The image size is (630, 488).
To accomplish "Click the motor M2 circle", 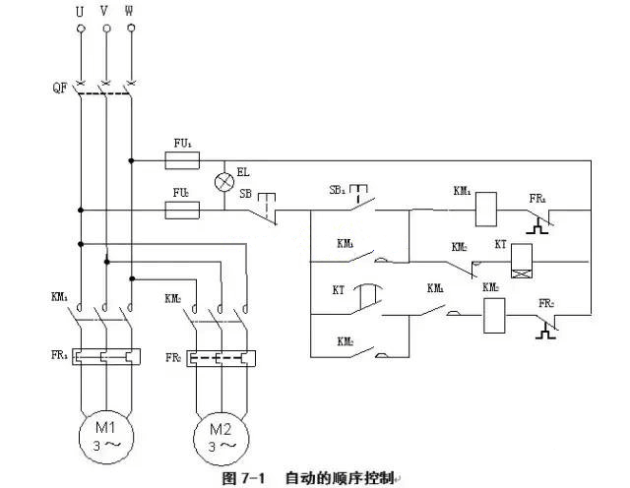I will tap(220, 434).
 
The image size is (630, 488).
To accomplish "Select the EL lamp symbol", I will tap(224, 182).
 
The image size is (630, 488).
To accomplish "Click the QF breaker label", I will tap(58, 87).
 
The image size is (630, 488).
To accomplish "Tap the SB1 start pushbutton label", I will tap(337, 188).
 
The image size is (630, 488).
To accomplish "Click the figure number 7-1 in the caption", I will tap(248, 478).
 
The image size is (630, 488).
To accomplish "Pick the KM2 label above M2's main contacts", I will tap(172, 297).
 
